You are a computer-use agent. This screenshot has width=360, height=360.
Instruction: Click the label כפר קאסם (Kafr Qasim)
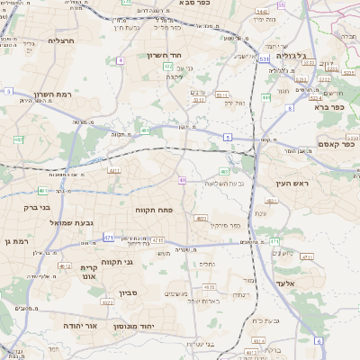pos(337,143)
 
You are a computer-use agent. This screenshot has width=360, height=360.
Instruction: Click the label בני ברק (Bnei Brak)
pos(20,208)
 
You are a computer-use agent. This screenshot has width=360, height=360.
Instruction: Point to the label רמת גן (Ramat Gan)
pos(15,241)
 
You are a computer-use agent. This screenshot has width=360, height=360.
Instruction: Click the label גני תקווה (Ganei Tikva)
pos(117,262)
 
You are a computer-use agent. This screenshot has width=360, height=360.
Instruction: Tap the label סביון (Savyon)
pos(129,292)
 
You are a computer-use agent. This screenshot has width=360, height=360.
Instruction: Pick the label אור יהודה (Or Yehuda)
pos(79,326)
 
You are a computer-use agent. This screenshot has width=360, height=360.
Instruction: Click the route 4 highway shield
pos(120,60)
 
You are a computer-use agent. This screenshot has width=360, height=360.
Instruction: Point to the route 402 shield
pos(146,130)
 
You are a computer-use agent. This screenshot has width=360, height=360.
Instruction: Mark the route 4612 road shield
pos(65,265)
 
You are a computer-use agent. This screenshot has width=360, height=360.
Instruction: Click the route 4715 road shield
pos(157,240)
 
